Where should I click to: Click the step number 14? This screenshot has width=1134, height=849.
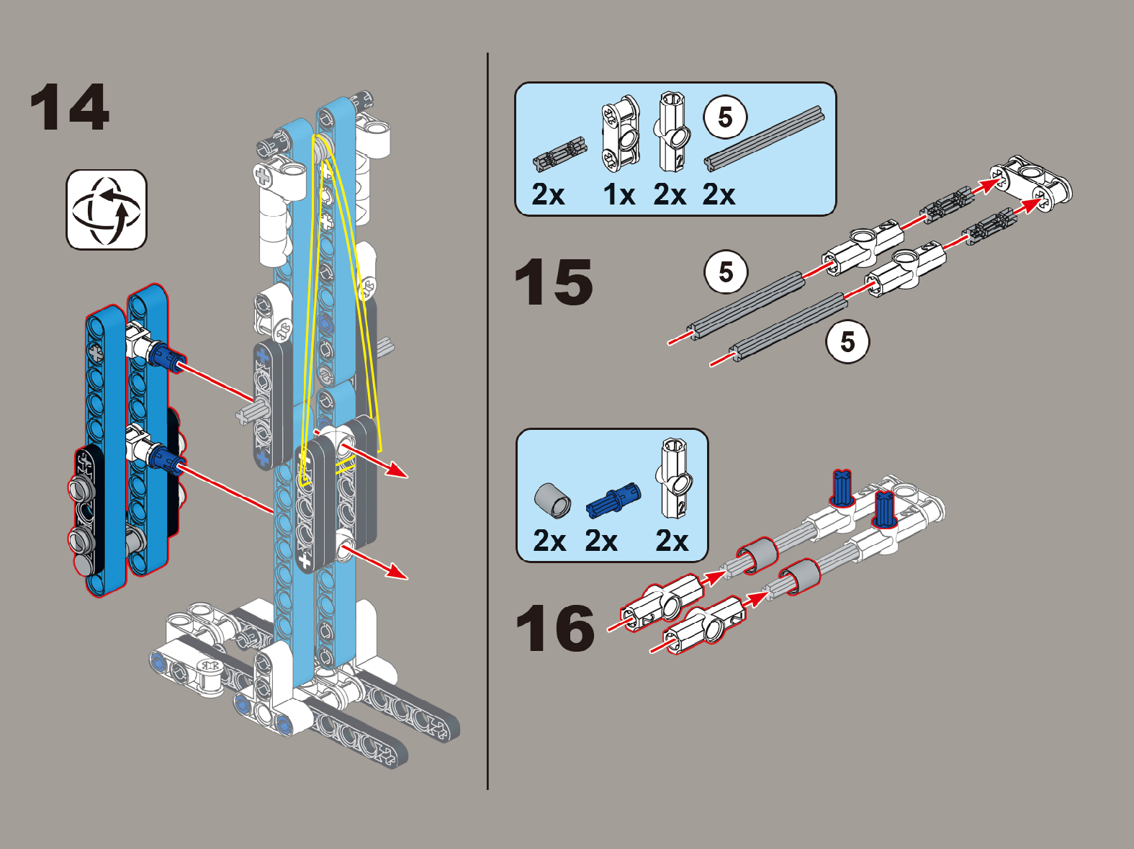point(70,107)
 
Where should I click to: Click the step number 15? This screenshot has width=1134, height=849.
point(554,282)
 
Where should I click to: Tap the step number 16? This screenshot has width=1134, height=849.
point(555,629)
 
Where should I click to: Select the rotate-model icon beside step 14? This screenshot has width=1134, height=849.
point(107,210)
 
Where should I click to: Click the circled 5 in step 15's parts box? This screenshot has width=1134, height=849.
point(725,117)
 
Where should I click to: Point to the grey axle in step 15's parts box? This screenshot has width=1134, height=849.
point(764,138)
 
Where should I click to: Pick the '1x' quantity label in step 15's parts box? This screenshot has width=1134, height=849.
point(619,195)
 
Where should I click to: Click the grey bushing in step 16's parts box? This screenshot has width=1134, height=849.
point(552,500)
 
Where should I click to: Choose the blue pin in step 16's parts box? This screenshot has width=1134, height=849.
point(613,500)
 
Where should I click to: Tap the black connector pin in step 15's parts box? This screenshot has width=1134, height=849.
point(560,154)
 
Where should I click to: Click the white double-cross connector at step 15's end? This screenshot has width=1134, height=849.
point(1030,184)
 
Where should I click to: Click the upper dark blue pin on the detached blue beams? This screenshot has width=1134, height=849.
point(166,356)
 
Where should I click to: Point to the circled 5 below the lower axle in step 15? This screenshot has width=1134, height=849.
point(847,341)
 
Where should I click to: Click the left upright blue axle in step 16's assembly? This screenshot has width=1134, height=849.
point(841,488)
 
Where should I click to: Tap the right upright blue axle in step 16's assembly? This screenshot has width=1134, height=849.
point(883,510)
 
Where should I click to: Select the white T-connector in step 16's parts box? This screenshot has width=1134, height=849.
point(674,478)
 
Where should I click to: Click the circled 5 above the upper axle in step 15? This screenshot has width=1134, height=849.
point(726,271)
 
